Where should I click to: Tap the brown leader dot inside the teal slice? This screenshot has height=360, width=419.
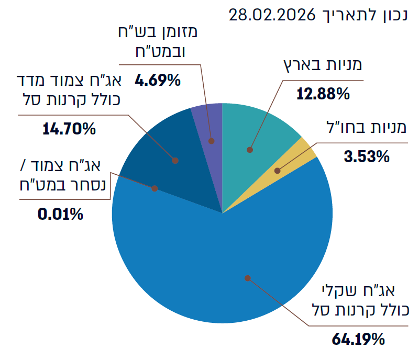[250, 150]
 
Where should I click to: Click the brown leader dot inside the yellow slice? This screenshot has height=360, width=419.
[278, 171]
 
